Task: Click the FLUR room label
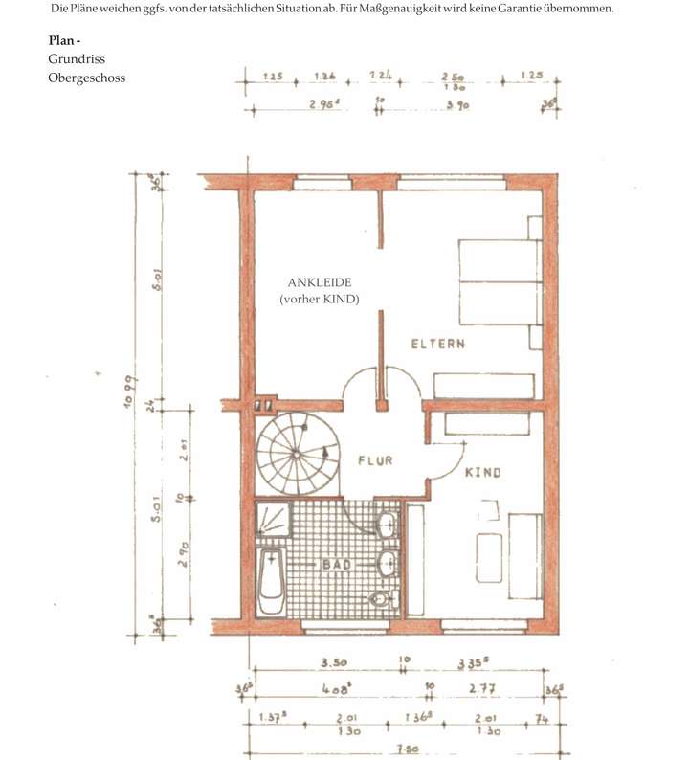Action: (x=375, y=460)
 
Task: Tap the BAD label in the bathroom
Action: (x=339, y=565)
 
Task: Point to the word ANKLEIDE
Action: (x=320, y=283)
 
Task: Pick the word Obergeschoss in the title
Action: (x=86, y=78)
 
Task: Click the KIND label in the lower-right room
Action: (x=483, y=473)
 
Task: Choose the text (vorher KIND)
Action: (x=320, y=301)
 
